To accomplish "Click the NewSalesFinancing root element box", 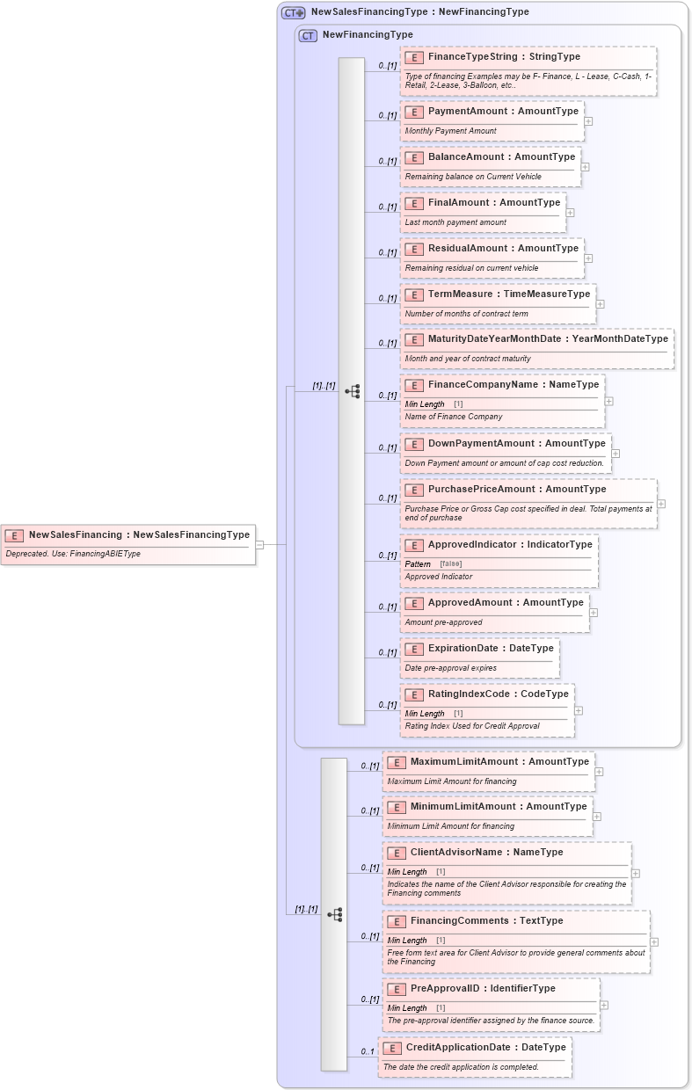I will coord(128,544).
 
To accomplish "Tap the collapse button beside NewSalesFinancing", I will coord(259,545).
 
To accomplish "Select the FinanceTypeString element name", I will coord(504,56).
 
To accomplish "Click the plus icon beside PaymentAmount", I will coord(588,121).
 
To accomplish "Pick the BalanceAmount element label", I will coord(501,156).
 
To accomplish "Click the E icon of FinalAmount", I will coord(414,203).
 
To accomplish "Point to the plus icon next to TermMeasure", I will coord(601,304).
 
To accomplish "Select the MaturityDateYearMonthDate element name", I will coord(548,338).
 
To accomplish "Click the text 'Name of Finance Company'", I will coord(454,417).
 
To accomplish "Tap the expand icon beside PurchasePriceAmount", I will coord(661,504).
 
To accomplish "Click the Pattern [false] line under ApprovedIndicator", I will coord(433,563).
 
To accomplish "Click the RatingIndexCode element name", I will coord(498,694).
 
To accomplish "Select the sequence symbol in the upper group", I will coord(352,391).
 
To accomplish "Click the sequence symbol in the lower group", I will coord(334,914).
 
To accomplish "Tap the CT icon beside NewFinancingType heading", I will coord(308,35).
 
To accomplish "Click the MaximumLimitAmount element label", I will coord(499,761).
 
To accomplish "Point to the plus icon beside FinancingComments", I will coord(654,942).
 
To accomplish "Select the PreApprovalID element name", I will coord(483,988).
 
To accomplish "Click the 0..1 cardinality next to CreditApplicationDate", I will coord(368,1052).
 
